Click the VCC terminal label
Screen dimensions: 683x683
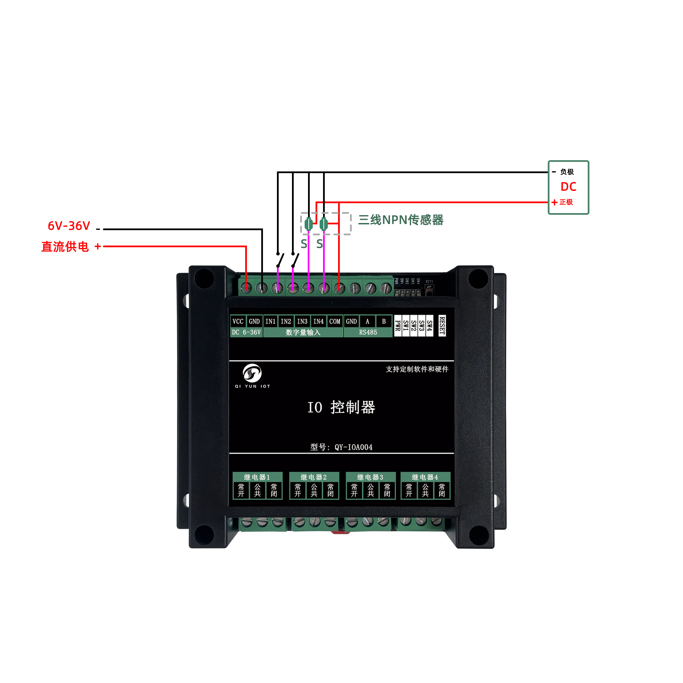click(238, 321)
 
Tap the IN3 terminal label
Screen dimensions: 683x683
click(302, 321)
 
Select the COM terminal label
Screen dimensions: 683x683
click(334, 321)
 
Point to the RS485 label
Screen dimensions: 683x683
click(368, 332)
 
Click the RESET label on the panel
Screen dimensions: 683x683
click(442, 325)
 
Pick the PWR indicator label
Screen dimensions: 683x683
click(398, 325)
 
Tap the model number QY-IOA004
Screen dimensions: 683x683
click(353, 447)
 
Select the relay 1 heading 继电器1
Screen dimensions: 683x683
click(257, 477)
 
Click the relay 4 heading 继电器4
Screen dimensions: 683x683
click(425, 477)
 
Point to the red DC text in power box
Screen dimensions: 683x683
click(568, 187)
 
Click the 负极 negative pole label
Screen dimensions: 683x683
click(567, 172)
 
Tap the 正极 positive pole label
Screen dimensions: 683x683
click(566, 202)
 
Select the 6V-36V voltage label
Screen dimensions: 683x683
click(69, 226)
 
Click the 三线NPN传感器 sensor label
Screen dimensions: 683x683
click(401, 220)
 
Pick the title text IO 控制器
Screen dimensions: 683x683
click(341, 407)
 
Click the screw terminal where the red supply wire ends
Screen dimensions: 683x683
click(247, 288)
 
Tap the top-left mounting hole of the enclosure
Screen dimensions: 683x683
click(204, 279)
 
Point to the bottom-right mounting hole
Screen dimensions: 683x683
click(478, 535)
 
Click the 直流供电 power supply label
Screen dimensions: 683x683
click(65, 247)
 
